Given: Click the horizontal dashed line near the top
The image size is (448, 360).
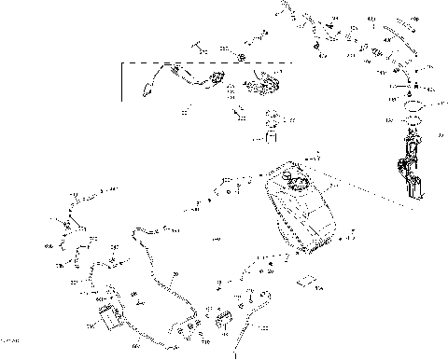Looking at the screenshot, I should pos(205,62).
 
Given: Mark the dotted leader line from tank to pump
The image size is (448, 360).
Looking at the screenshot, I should pos(364,191).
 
